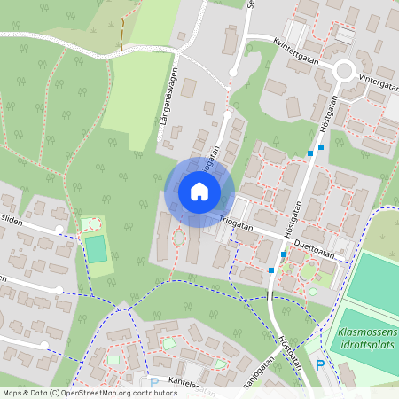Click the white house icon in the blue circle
click(x=199, y=192)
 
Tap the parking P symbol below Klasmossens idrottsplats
click(x=321, y=364)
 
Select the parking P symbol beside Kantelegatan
click(x=154, y=384)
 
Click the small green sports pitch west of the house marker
click(x=96, y=249)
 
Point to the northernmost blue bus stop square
click(x=321, y=147)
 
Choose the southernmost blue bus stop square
click(x=270, y=269)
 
